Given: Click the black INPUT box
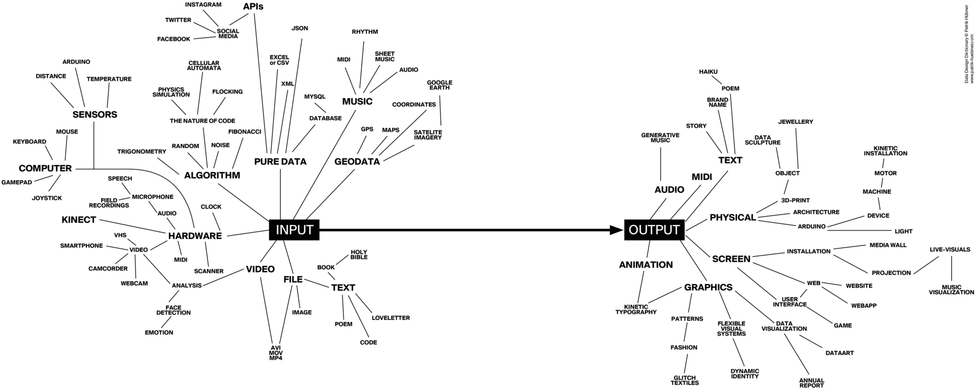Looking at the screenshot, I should (x=294, y=230).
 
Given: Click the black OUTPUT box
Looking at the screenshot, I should (x=654, y=230).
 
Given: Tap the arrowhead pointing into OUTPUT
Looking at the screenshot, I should (x=616, y=230).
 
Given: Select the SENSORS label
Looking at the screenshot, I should (x=95, y=115).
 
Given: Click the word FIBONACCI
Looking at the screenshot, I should (x=245, y=131).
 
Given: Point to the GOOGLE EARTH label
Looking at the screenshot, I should (x=439, y=85).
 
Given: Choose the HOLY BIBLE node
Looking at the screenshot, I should (x=359, y=254).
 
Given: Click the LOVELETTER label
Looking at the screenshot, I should (x=391, y=317).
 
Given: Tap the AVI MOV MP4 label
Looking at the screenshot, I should (x=276, y=353).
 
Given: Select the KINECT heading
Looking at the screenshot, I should (x=79, y=220).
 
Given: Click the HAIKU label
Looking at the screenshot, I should (x=708, y=72).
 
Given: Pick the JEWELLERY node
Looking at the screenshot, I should (x=796, y=122).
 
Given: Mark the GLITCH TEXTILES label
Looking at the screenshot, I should (x=685, y=380).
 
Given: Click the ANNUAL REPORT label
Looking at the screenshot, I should (x=811, y=383).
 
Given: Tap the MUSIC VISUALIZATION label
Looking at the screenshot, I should (x=951, y=290).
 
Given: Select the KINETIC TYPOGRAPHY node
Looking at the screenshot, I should (x=635, y=309).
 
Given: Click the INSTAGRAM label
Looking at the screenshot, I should (x=203, y=5).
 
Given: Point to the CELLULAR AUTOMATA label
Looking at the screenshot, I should (x=204, y=65).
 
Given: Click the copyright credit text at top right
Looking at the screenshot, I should (x=969, y=44).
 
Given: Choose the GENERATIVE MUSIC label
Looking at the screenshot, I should (x=660, y=137).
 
